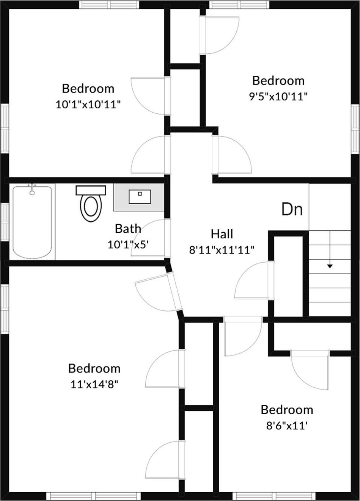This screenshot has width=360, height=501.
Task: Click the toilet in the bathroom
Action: (91, 204)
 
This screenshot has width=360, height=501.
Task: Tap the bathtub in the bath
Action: (33, 222)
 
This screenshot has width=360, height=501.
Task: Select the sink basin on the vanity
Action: (140, 197)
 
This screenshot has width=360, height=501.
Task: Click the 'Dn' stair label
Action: (292, 209)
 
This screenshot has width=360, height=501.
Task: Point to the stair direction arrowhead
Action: (330, 266)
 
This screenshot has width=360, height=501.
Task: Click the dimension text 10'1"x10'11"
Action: (88, 105)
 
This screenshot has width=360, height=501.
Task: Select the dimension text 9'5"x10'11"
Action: (278, 97)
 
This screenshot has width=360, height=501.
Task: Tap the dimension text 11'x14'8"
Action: (94, 385)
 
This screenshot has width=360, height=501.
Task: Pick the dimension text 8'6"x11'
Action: (286, 426)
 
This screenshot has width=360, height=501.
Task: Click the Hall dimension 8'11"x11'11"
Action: (222, 250)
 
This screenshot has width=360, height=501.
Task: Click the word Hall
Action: (222, 234)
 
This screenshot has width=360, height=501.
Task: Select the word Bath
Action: (128, 229)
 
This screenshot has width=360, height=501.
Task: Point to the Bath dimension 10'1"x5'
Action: (128, 244)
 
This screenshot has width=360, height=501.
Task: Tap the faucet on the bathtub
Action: (33, 189)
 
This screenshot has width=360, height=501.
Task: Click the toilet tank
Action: (91, 190)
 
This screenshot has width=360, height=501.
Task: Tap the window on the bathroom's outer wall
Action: (5, 222)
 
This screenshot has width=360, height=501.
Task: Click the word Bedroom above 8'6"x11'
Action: (287, 410)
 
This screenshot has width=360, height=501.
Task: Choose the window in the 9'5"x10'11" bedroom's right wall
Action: (355, 129)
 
